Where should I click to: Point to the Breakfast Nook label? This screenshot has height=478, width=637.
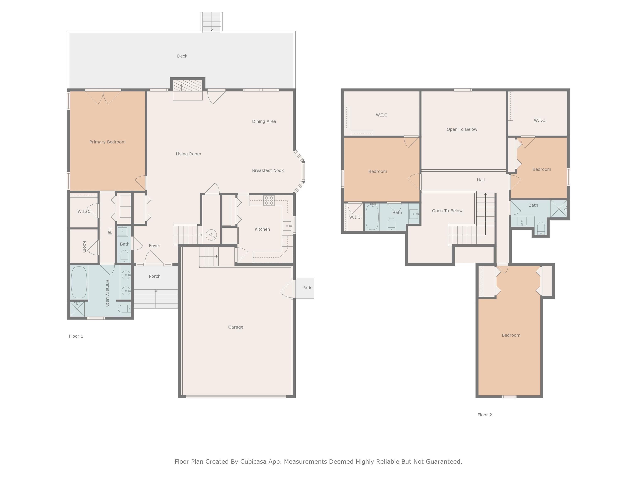coord(268,171)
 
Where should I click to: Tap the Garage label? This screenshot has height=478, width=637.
coord(236,327)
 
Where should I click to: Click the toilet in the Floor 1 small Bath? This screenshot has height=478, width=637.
coord(124,256)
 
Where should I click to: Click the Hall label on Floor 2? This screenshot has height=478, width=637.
coord(481,180)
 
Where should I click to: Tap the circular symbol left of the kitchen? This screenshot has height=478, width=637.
coord(211,234)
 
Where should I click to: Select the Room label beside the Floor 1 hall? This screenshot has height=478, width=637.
coord(85,247)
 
